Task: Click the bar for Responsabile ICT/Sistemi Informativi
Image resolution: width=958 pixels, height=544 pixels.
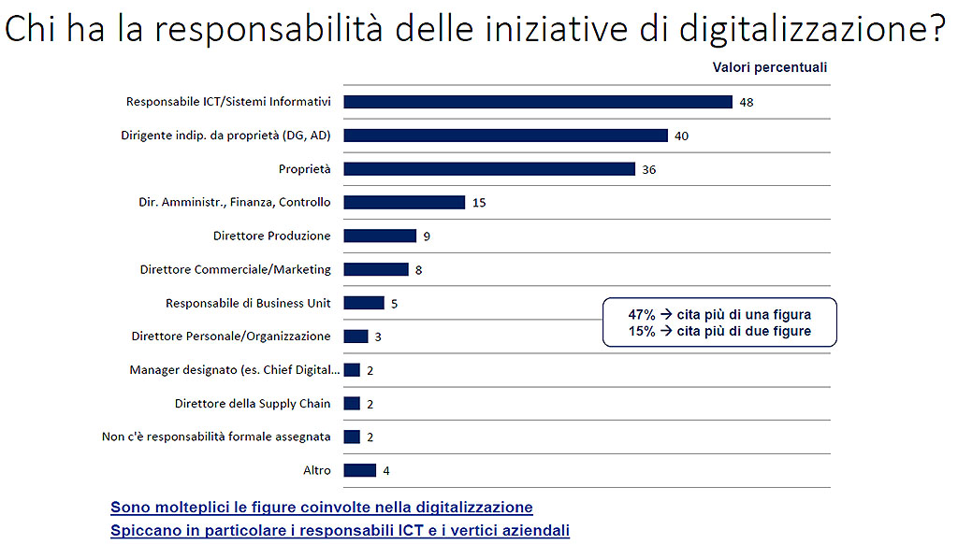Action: coord(537,102)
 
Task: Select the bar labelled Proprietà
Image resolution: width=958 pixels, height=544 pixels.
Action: coord(489,169)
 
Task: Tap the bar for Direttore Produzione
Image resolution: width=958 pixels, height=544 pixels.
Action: coord(380,236)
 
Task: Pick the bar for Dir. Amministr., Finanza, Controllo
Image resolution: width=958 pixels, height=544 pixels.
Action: coord(404,202)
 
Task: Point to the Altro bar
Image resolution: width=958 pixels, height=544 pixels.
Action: coord(360,470)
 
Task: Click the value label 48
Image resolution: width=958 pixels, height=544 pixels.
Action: coord(746,102)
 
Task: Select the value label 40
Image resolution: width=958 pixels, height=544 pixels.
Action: coord(681,136)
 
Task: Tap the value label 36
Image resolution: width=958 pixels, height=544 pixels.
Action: coord(649,169)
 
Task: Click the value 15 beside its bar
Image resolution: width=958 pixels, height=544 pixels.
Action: coord(479,202)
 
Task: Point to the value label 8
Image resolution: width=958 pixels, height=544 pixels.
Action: coord(419,269)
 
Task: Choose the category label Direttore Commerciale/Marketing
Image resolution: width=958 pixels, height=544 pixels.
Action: coord(236,269)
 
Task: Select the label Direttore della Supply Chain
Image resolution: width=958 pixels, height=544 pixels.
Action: coord(253,404)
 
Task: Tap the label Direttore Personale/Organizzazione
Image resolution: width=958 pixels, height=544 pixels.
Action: coord(231,336)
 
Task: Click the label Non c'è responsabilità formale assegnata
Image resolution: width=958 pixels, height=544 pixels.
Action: coord(216,437)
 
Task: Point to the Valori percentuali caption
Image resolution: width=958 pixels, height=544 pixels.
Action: coord(770,67)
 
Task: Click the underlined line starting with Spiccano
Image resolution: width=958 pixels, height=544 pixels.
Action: coord(340,531)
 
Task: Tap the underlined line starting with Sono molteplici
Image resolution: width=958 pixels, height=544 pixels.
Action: coord(322,508)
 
